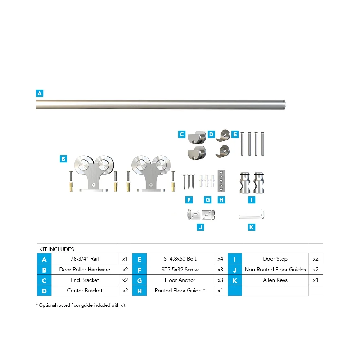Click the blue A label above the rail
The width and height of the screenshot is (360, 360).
[x=40, y=93]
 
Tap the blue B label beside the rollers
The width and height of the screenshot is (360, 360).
[x=63, y=158]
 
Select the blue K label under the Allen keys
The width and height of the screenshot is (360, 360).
[x=252, y=227]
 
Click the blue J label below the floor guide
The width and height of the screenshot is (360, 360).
[x=201, y=227]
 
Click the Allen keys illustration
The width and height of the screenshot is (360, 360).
[x=252, y=215]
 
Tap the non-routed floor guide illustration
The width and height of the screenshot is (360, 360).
[x=201, y=215]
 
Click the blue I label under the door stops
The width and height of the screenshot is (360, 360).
[x=252, y=200]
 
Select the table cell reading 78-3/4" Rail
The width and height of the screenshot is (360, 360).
[x=85, y=259]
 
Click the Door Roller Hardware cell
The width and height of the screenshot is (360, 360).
[x=85, y=269]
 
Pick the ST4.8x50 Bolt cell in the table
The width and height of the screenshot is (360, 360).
[x=180, y=259]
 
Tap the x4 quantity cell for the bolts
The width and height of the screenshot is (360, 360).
[x=220, y=259]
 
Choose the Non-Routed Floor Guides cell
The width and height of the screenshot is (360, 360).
[x=275, y=269]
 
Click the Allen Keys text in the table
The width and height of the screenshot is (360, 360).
[x=275, y=280]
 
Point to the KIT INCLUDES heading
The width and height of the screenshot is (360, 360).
[x=57, y=249]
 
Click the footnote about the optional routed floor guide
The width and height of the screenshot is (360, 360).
[x=81, y=305]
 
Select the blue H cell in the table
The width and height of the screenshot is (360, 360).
[x=139, y=291]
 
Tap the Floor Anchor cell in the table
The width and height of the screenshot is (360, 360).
[x=180, y=280]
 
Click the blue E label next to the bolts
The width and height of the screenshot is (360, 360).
[x=235, y=135]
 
